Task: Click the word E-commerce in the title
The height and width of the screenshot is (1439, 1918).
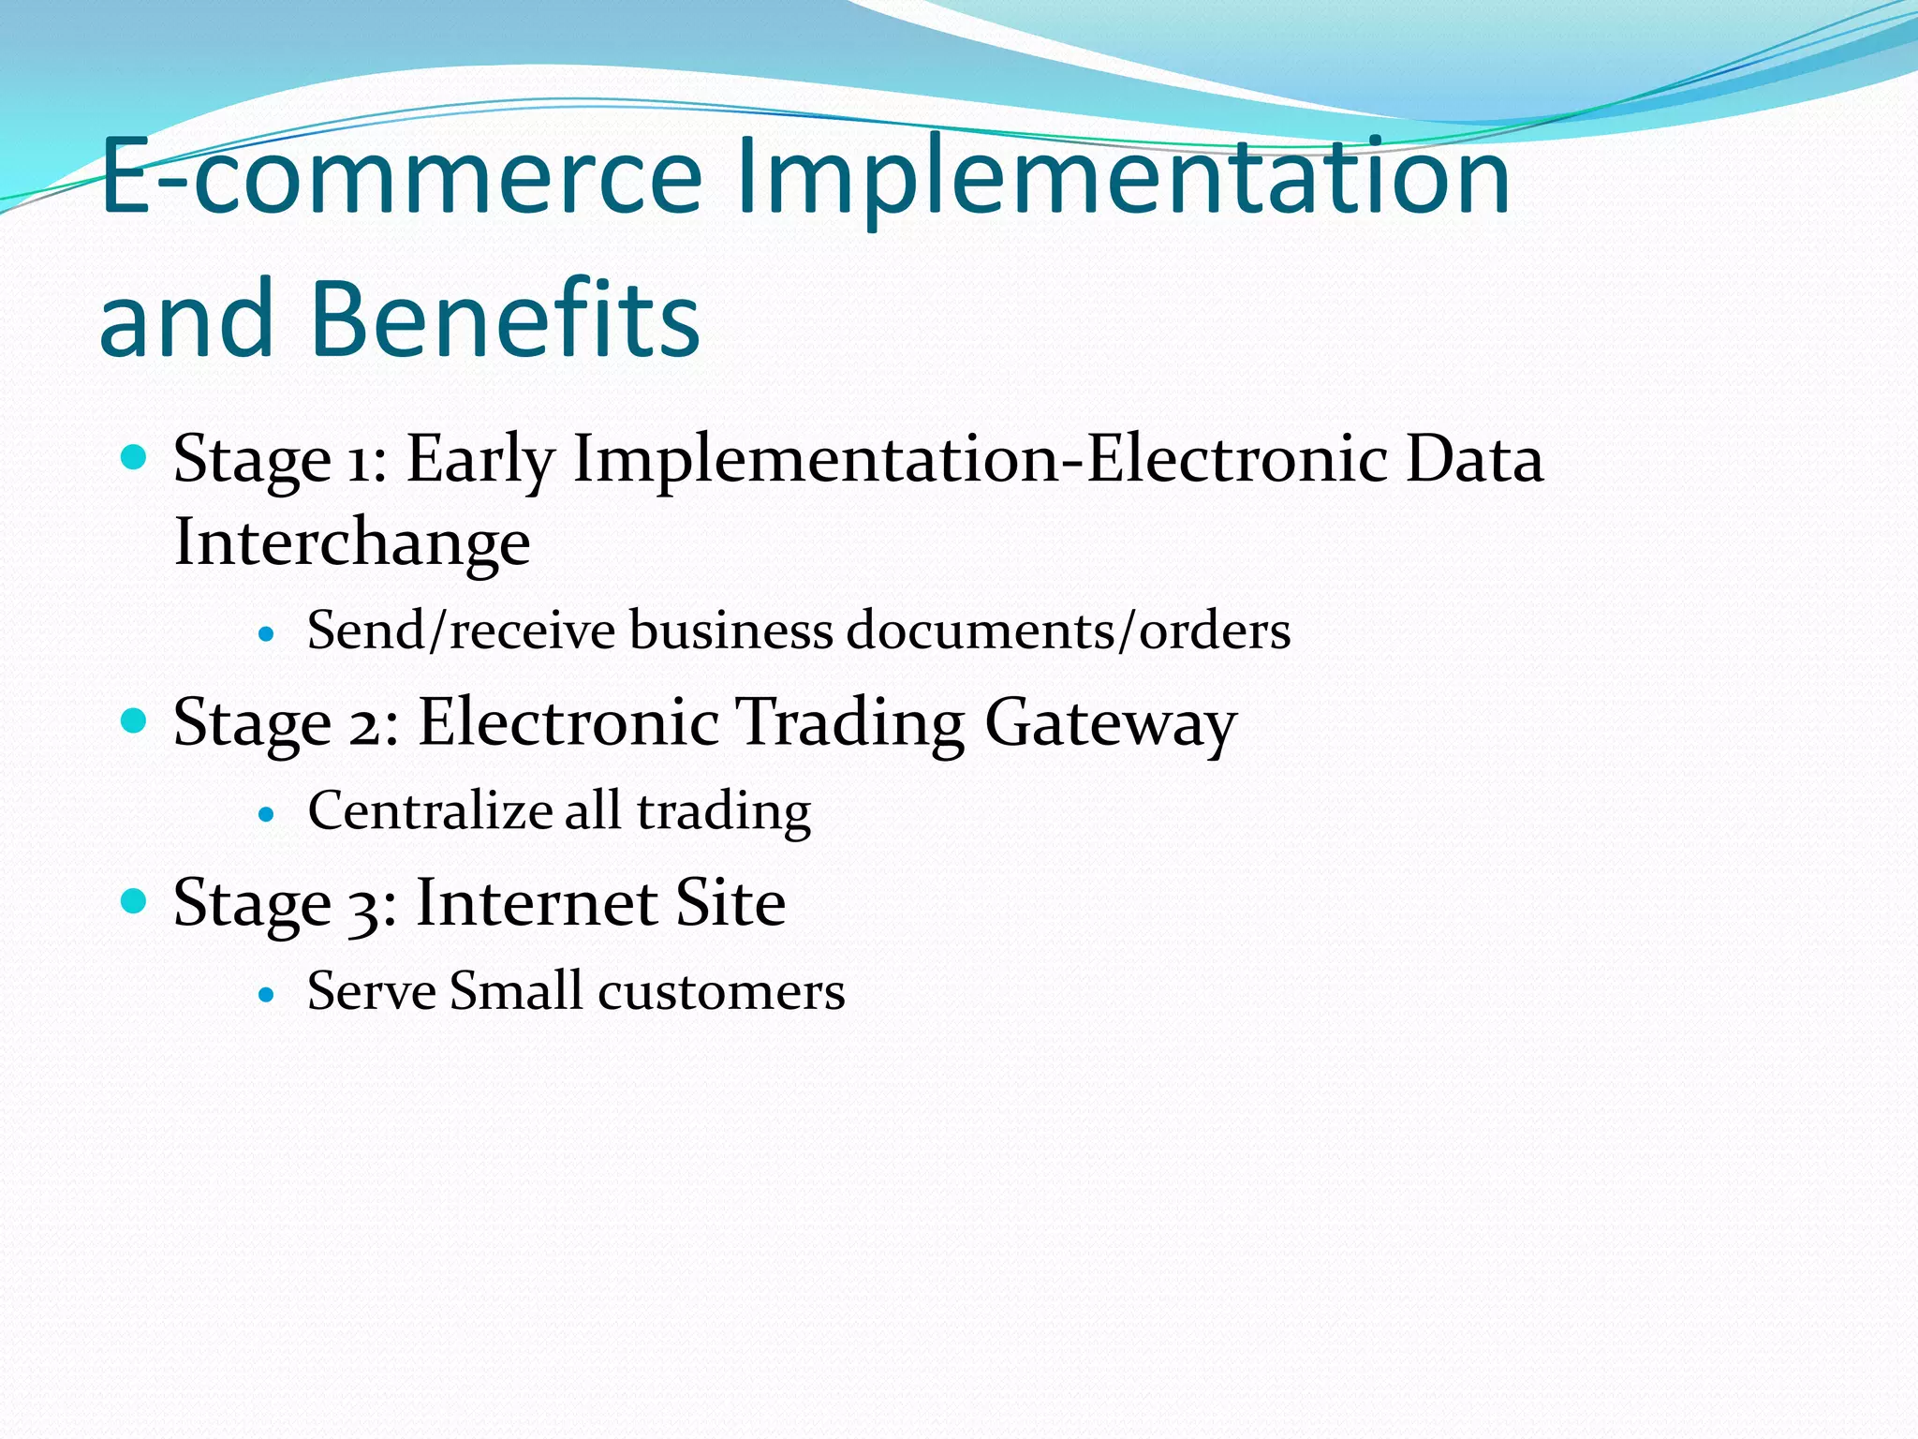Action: point(401,176)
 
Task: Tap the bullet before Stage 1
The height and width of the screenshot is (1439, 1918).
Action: point(135,457)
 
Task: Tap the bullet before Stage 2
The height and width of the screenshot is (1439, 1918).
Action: point(135,720)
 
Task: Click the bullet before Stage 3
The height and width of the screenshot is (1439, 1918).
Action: point(135,900)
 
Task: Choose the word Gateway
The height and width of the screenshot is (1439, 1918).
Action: point(1111,722)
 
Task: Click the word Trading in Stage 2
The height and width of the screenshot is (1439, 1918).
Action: point(849,722)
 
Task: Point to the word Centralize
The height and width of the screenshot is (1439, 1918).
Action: point(430,810)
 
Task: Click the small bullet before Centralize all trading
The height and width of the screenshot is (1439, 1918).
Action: point(267,814)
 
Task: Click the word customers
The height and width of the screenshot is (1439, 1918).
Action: point(721,991)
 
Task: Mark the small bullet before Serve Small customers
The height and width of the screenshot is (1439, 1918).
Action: point(267,994)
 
